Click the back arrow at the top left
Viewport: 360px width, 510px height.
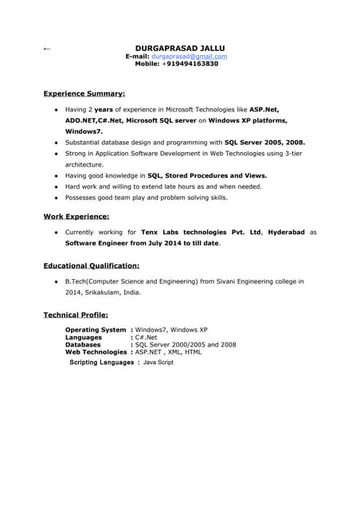(x=46, y=49)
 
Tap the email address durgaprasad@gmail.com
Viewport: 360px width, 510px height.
(x=189, y=57)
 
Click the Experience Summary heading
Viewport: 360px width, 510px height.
(x=84, y=93)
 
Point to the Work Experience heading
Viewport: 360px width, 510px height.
(x=76, y=216)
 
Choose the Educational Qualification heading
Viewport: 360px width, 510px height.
(x=92, y=265)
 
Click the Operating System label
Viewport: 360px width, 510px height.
(x=95, y=330)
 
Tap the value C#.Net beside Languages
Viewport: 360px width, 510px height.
(x=147, y=337)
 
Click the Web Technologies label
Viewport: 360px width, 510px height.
(x=96, y=351)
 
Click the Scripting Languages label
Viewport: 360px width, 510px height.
(x=101, y=363)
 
